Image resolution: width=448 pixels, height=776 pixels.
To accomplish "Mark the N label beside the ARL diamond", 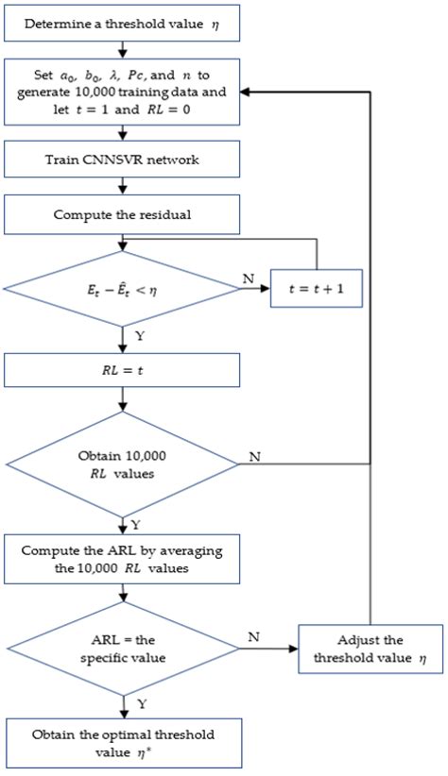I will click(253, 638).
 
